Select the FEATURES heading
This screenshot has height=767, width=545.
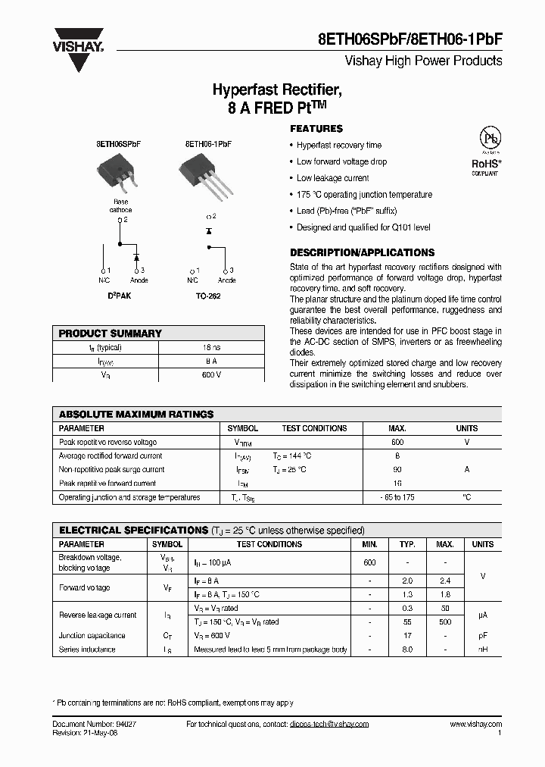coord(316,129)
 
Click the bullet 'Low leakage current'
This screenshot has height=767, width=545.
coord(332,178)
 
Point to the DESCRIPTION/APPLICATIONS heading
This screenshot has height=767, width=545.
coord(362,252)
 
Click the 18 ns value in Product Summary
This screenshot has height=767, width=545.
coord(211,347)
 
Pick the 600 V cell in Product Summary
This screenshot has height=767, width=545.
coord(211,374)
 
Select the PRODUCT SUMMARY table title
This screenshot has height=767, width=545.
coord(111,333)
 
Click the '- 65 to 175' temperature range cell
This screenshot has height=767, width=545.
coord(397,497)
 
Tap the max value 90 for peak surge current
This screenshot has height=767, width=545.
coord(397,470)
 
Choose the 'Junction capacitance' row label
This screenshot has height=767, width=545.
coord(92,636)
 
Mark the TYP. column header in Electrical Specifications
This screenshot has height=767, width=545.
coord(407,544)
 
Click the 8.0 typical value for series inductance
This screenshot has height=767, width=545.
coord(407,650)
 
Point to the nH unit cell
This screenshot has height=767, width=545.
coord(482,650)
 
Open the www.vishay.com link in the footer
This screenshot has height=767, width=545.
coord(475,725)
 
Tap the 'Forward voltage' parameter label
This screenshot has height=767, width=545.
coord(84,587)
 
